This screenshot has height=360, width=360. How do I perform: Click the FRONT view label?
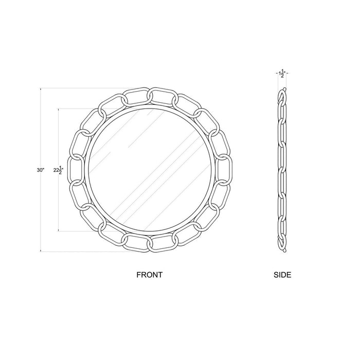tap(149, 275)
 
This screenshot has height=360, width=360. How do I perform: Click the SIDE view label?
tap(282, 275)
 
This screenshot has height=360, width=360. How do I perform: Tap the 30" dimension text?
tap(41, 170)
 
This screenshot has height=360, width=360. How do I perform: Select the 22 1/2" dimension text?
tap(58, 170)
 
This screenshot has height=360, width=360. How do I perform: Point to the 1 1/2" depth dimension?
tap(282, 74)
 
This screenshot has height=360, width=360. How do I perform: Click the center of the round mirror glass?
tap(150, 170)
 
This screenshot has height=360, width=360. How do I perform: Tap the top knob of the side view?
tap(285, 88)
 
